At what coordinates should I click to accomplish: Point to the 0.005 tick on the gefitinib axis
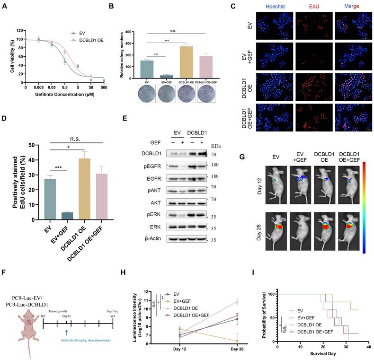coord(39,88)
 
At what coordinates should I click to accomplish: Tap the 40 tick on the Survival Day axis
coord(365,347)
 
